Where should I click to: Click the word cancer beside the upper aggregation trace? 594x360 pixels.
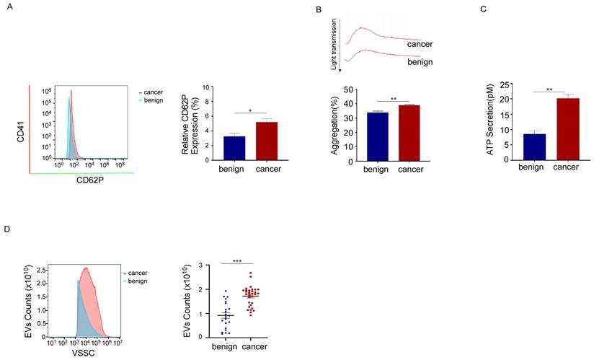(x=419, y=44)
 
